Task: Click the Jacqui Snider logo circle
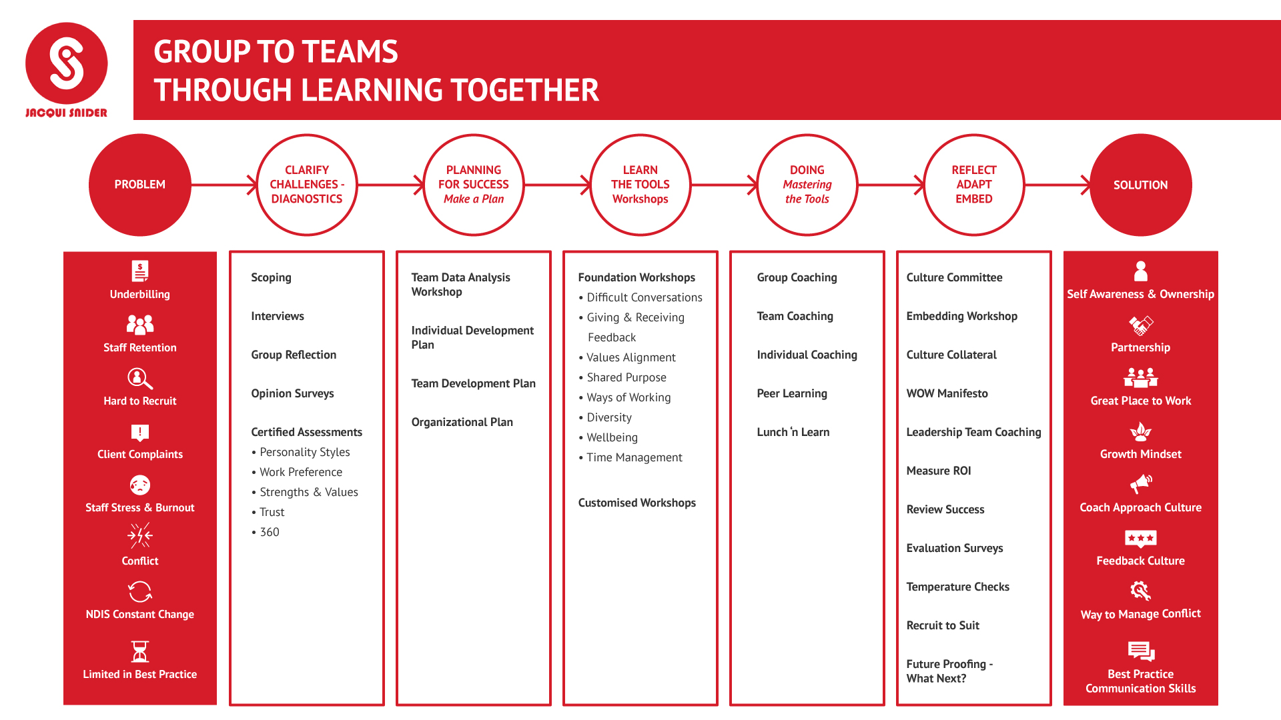pos(67,63)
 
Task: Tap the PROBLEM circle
pos(140,185)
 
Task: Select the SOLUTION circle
pos(1141,185)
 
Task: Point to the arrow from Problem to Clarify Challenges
pos(224,185)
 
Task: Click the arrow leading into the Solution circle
pos(1057,185)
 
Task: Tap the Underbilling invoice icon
pos(140,271)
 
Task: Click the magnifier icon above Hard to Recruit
pos(140,379)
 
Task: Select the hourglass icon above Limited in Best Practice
pos(140,651)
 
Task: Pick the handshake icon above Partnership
pos(1141,325)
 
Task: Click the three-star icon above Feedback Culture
pos(1141,539)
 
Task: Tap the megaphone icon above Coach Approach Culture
pos(1141,484)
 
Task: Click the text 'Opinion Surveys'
pos(292,393)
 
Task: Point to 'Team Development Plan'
pos(474,383)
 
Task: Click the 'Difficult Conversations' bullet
pos(640,297)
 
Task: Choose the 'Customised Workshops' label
pos(637,503)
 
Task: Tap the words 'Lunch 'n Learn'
pos(793,432)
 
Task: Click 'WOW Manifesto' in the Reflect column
pos(947,393)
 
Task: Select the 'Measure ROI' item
pos(939,471)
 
